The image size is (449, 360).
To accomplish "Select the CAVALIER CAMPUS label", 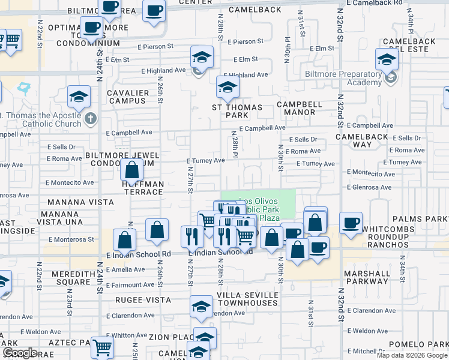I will click(127, 97).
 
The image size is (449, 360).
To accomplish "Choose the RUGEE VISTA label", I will click(146, 299).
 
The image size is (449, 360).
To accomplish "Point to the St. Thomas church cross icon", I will click(91, 118).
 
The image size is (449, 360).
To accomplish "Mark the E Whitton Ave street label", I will click(127, 335).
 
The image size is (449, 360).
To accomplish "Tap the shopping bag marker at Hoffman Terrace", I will click(131, 171).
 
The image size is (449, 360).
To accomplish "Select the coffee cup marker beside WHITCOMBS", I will click(351, 223).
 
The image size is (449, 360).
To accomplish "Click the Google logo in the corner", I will click(20, 353).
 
